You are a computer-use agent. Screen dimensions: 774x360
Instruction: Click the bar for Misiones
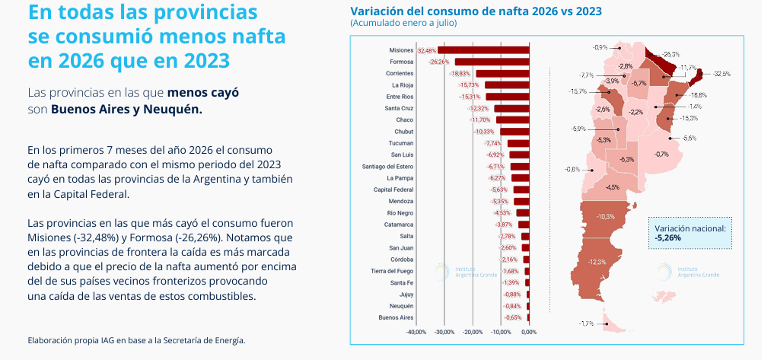pyautogui.click(x=483, y=50)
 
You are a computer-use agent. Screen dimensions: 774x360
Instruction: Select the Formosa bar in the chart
pyautogui.click(x=492, y=62)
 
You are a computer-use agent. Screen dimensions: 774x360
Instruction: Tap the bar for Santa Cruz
pyautogui.click(x=511, y=108)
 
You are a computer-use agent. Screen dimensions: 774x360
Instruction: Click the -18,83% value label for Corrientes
pyautogui.click(x=461, y=74)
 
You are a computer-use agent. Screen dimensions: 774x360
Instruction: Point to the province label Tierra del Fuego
pyautogui.click(x=391, y=271)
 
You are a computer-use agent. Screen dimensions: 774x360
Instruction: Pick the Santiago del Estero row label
pyautogui.click(x=387, y=167)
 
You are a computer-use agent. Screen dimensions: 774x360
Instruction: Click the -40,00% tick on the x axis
pyautogui.click(x=416, y=332)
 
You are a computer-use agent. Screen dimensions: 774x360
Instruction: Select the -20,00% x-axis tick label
pyautogui.click(x=473, y=332)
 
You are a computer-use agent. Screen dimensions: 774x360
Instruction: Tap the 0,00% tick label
pyautogui.click(x=529, y=332)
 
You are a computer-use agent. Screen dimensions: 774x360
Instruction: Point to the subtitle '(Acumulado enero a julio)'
pyautogui.click(x=403, y=23)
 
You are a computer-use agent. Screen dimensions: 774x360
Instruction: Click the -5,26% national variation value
pyautogui.click(x=668, y=237)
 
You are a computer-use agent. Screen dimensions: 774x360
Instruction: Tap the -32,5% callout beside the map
pyautogui.click(x=721, y=74)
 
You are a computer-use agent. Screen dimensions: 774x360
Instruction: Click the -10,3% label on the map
pyautogui.click(x=606, y=217)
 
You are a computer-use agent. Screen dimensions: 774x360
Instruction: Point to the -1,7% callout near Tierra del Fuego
pyautogui.click(x=586, y=324)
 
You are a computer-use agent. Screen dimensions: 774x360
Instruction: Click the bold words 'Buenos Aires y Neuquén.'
pyautogui.click(x=126, y=110)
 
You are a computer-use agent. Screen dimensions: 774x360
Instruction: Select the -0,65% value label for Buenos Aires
pyautogui.click(x=513, y=317)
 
